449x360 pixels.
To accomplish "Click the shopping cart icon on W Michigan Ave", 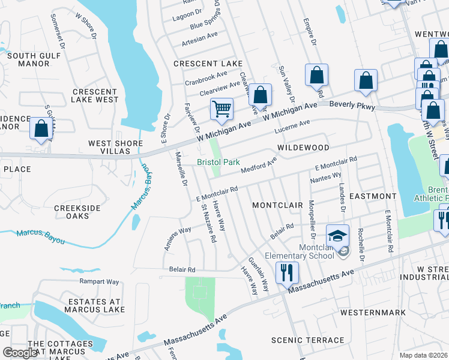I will click(221, 110).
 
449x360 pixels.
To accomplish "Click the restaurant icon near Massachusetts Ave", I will click(286, 273).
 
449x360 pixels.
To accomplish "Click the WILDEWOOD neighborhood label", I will click(303, 148).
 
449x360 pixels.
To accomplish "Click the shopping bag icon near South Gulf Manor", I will click(41, 128).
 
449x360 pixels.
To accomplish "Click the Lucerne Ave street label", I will click(292, 127).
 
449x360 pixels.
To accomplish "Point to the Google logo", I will click(20, 353).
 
